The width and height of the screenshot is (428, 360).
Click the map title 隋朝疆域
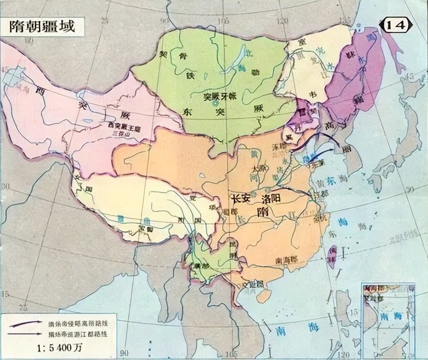43,27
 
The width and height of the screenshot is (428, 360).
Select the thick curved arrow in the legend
26,324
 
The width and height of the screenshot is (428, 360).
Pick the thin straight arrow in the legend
26,333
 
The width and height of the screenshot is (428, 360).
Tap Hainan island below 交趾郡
263,296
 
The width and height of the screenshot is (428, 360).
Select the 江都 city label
322,193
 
